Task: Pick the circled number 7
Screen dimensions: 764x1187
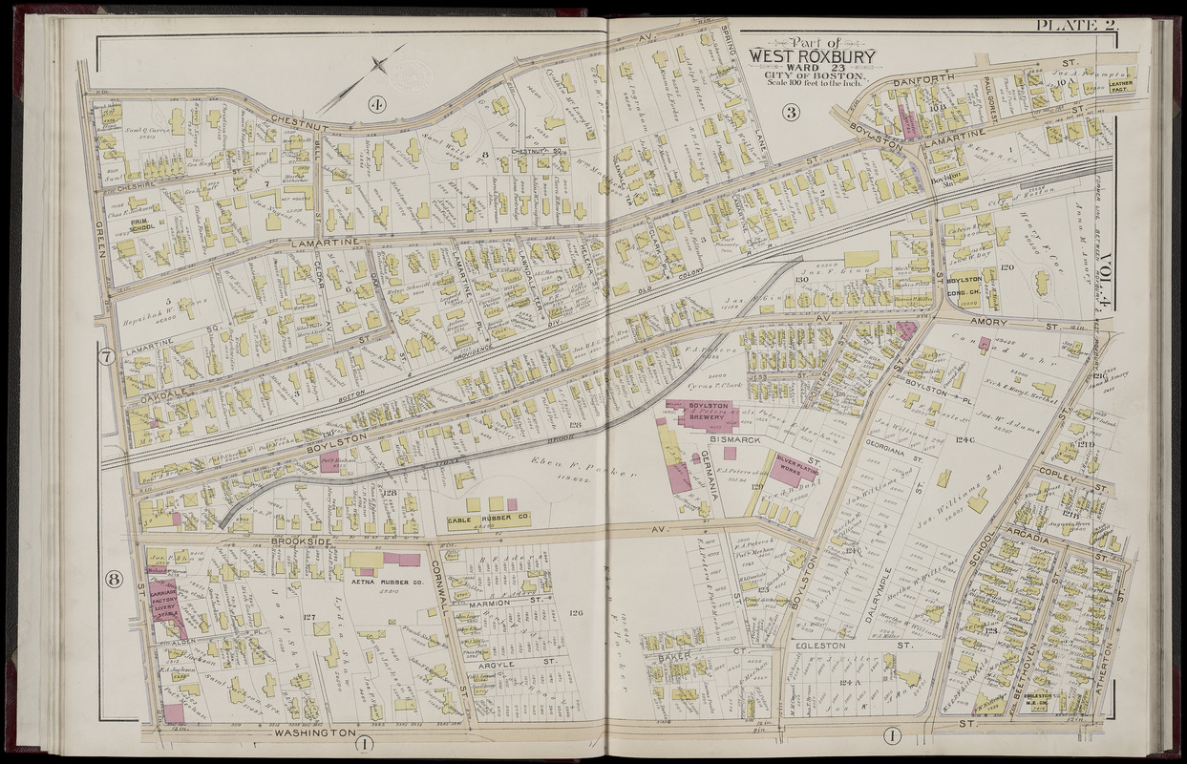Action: (107, 360)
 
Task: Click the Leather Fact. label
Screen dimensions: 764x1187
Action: (1120, 87)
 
